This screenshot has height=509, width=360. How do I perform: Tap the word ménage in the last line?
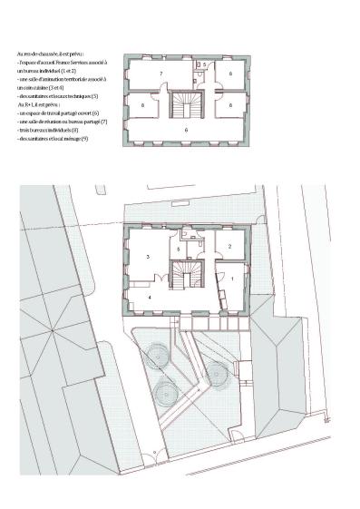[70, 138]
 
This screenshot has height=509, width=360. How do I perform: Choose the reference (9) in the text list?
[85, 138]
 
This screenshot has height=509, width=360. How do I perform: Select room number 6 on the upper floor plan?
[186, 131]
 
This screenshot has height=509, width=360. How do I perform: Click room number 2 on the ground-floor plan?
[229, 246]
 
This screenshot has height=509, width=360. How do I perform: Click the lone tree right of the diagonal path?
[216, 370]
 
